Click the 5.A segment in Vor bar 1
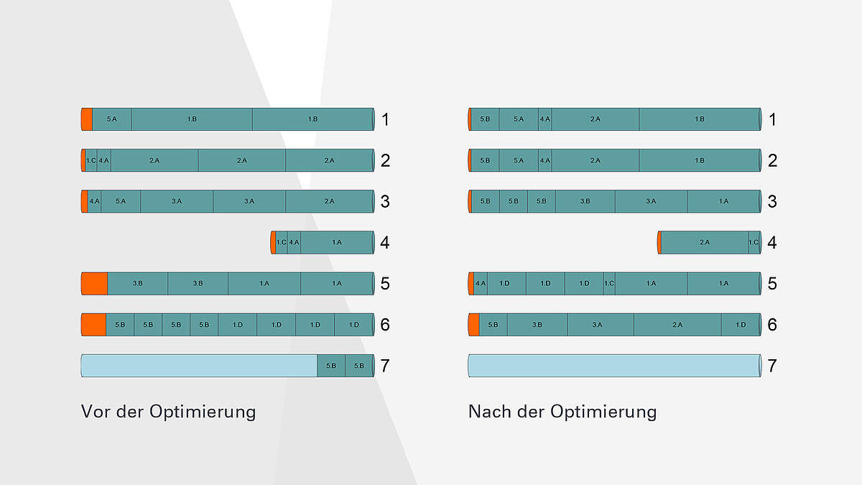[x=111, y=119]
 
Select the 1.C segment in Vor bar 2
[x=91, y=160]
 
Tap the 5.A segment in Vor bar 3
[x=120, y=201]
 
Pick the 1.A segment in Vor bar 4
[x=337, y=243]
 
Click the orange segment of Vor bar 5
[x=94, y=284]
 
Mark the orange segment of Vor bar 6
[x=93, y=325]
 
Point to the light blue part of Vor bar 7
[x=199, y=366]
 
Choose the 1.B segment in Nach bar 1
[x=699, y=119]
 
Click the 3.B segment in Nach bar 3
[x=585, y=201]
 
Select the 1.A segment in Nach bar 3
[x=723, y=201]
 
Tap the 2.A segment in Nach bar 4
[x=704, y=243]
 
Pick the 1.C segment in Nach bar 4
[x=754, y=243]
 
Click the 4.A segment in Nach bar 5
[x=481, y=284]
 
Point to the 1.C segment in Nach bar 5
[x=609, y=284]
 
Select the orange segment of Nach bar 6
[x=473, y=325]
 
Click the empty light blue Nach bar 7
[x=614, y=366]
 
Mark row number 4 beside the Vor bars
[x=385, y=243]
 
